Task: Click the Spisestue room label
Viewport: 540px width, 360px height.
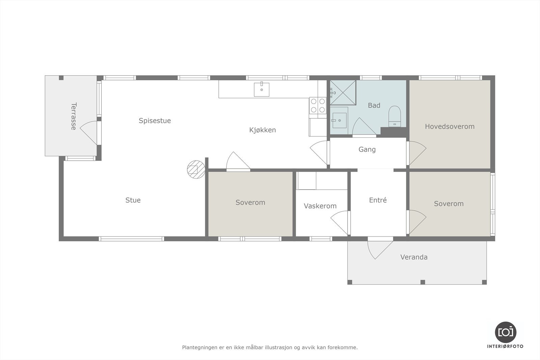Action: tap(155, 120)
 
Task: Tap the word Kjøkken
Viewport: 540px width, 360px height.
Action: tap(263, 130)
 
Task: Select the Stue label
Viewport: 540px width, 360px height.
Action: tap(133, 200)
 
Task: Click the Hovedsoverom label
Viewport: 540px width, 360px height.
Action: tap(450, 127)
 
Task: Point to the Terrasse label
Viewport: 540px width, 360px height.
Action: tap(73, 116)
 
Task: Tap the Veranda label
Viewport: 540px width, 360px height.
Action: tap(414, 257)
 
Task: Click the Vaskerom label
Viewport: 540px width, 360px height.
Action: tap(320, 206)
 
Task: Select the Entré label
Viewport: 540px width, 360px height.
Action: tap(378, 200)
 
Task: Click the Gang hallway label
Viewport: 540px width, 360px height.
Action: tap(367, 149)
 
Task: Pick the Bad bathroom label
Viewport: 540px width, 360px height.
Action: tap(374, 105)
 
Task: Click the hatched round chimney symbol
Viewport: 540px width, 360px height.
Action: tap(196, 169)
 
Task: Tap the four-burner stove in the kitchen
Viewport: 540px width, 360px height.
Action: tap(318, 105)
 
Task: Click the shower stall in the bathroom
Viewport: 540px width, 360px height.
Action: tap(343, 92)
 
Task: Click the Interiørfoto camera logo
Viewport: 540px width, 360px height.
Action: tap(505, 332)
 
